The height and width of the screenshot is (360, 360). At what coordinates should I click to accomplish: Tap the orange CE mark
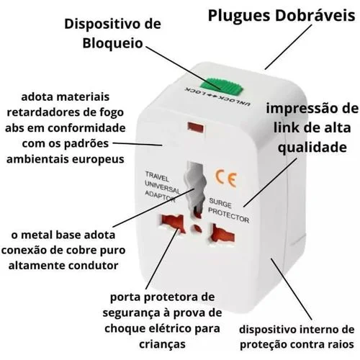pyautogui.click(x=226, y=178)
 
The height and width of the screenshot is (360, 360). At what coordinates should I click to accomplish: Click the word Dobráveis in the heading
pyautogui.click(x=315, y=16)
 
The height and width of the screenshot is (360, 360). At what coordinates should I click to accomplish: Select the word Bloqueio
pyautogui.click(x=113, y=43)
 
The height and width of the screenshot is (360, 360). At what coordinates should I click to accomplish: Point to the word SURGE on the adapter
pyautogui.click(x=220, y=203)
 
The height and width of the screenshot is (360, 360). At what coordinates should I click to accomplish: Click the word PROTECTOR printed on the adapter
pyautogui.click(x=228, y=215)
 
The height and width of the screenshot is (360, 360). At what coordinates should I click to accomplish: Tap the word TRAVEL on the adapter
pyautogui.click(x=157, y=176)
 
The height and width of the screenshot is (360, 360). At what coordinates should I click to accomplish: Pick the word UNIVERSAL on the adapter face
pyautogui.click(x=162, y=186)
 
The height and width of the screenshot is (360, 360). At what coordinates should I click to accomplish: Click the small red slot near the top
pyautogui.click(x=196, y=127)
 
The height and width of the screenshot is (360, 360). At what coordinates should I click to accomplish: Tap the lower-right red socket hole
pyautogui.click(x=222, y=234)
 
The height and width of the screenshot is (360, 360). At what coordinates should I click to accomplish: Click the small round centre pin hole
pyautogui.click(x=197, y=228)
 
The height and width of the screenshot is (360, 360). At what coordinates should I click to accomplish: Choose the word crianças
pyautogui.click(x=162, y=344)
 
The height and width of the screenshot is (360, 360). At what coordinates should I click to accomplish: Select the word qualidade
pyautogui.click(x=312, y=147)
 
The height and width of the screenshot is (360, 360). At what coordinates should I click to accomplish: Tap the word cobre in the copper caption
pyautogui.click(x=80, y=250)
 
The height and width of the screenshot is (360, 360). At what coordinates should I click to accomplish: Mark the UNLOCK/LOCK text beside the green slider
pyautogui.click(x=217, y=97)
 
